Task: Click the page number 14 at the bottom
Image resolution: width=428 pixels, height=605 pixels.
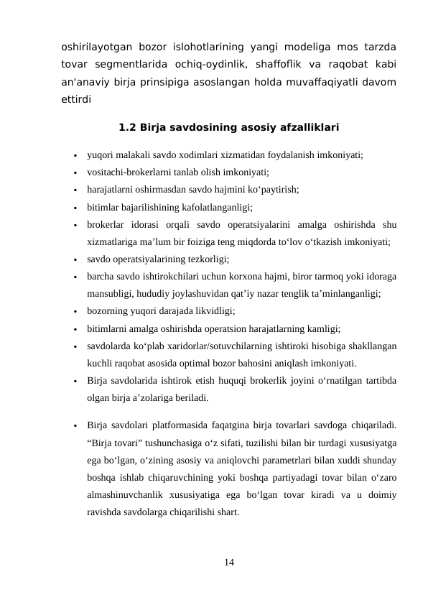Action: pyautogui.click(x=228, y=560)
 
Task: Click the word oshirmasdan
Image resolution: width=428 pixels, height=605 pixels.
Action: pyautogui.click(x=167, y=190)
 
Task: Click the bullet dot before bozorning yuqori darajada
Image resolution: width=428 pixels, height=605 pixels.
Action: pyautogui.click(x=75, y=312)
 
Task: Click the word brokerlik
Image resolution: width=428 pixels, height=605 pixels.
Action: pyautogui.click(x=261, y=381)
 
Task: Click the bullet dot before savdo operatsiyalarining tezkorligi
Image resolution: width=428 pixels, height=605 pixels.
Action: pyautogui.click(x=75, y=260)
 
